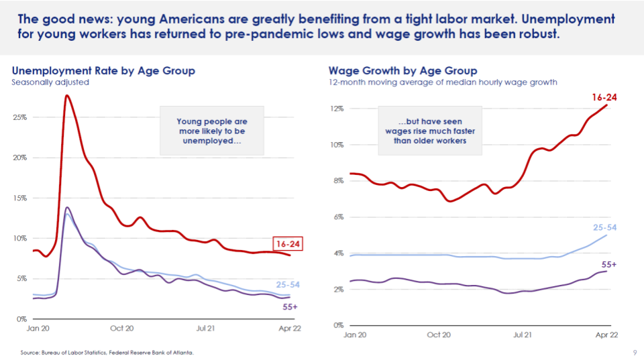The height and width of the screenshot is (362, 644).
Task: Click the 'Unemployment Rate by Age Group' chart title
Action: click(x=103, y=70)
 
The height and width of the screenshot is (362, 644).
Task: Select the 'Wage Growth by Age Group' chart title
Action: click(x=402, y=70)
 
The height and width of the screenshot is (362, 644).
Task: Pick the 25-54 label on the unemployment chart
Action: click(x=288, y=284)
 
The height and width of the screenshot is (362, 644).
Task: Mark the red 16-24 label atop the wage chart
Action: click(x=604, y=97)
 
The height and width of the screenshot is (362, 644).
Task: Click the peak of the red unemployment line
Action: click(x=67, y=96)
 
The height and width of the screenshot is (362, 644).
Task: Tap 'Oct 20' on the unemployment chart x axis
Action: click(x=121, y=328)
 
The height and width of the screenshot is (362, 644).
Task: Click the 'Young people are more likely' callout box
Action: click(x=212, y=131)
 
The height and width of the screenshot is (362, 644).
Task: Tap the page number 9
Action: click(x=635, y=352)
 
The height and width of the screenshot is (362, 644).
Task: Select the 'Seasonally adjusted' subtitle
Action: click(x=50, y=82)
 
